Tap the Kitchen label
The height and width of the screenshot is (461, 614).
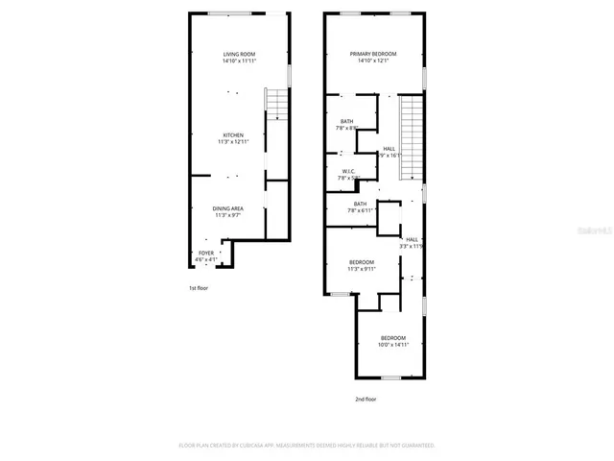[x=233, y=135]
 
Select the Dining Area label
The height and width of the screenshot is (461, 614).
[x=226, y=208]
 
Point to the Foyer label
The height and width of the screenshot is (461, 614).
[x=206, y=253]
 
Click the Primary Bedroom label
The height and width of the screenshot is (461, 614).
[x=372, y=54]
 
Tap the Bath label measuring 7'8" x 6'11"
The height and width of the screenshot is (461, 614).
[x=360, y=204]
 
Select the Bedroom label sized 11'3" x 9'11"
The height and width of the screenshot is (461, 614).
[x=362, y=262]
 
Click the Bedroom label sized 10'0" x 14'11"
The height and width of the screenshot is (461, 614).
[x=392, y=338]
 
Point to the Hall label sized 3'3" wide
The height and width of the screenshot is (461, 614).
[x=411, y=239]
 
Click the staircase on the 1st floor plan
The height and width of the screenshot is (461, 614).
[x=275, y=104]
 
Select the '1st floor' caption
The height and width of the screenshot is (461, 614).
[x=198, y=287]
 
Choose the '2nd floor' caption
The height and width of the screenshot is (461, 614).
[x=365, y=398]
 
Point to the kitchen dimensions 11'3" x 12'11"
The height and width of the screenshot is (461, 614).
[x=233, y=142]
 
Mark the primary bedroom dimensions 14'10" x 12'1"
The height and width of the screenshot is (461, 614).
[x=372, y=61]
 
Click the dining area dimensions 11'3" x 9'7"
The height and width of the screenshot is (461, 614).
[x=226, y=215]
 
